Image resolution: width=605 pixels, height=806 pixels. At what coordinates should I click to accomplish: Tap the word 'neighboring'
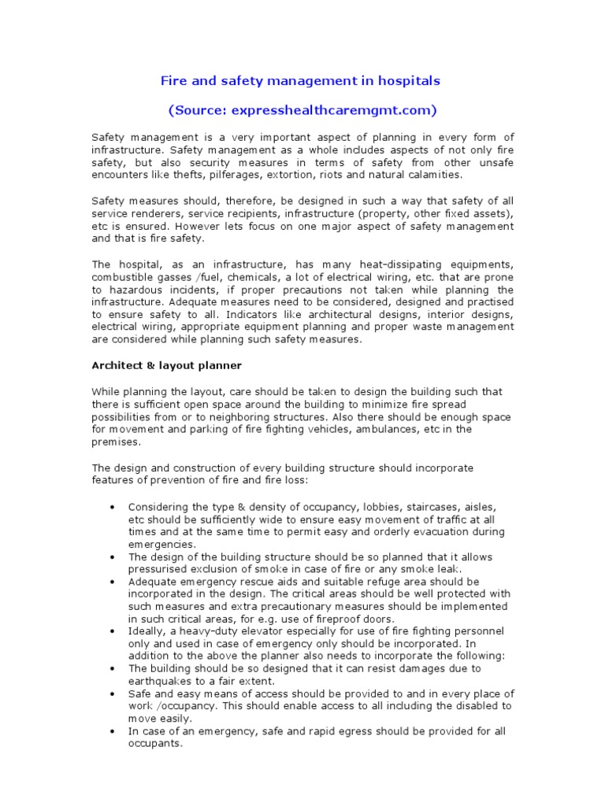point(233,416)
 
